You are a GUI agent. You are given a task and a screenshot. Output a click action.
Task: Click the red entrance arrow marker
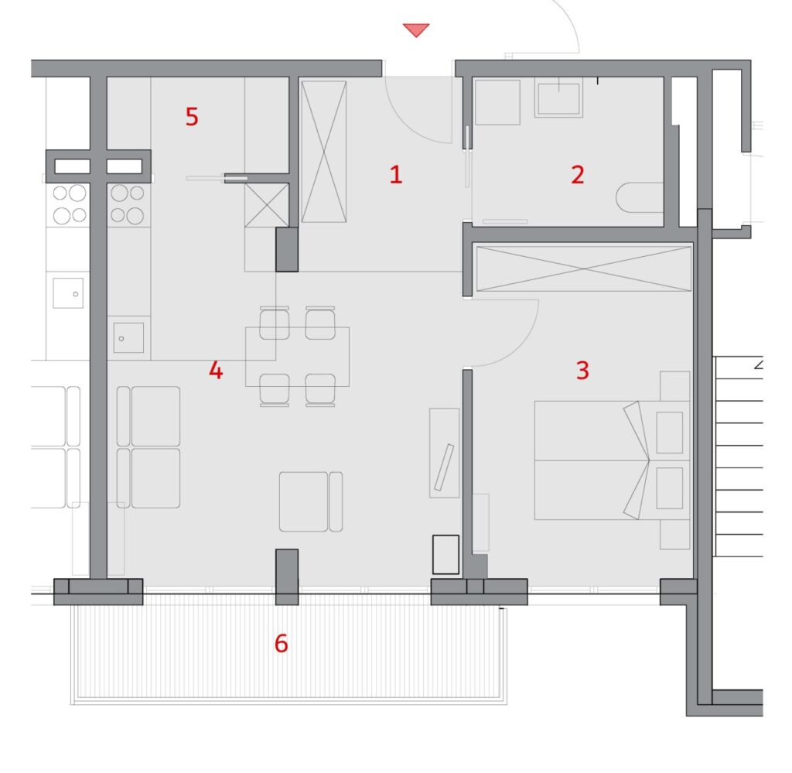[416, 29]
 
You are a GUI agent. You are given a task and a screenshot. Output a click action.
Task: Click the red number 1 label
[396, 174]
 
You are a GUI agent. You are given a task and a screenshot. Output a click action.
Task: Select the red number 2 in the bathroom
[577, 174]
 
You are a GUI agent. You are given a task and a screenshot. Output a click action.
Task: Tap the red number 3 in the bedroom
[582, 371]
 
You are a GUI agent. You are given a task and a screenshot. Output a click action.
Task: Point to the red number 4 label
[216, 371]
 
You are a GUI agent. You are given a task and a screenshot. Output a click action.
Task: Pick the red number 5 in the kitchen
[192, 117]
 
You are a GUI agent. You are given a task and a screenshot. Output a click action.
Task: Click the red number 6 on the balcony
[282, 643]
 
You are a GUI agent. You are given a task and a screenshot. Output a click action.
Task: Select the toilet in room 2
[640, 197]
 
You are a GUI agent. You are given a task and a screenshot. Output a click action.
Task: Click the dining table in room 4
[297, 357]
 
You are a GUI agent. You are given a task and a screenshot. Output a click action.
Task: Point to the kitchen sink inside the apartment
[128, 337]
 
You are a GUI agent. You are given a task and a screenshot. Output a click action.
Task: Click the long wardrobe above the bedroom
[584, 268]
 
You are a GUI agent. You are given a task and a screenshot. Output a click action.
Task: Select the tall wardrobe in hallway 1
[324, 152]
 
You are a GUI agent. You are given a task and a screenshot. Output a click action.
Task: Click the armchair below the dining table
[311, 501]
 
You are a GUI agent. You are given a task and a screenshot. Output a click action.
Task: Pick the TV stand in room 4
[445, 453]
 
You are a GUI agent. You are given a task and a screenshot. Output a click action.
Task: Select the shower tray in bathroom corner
[497, 102]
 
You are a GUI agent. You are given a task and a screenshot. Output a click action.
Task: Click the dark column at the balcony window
[287, 577]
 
